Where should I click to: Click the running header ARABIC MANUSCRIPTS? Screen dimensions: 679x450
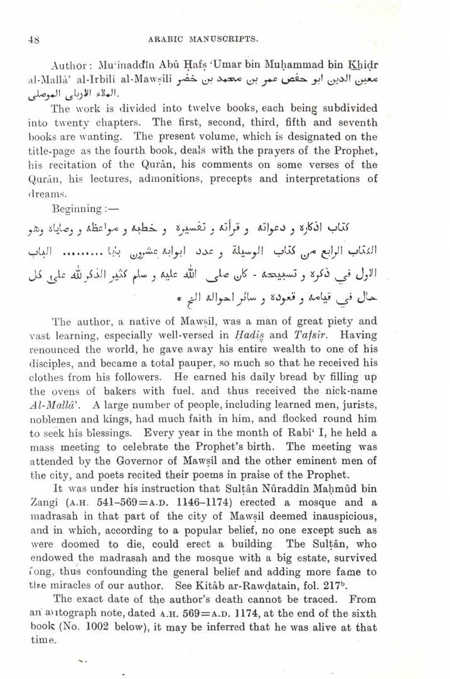(203, 38)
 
